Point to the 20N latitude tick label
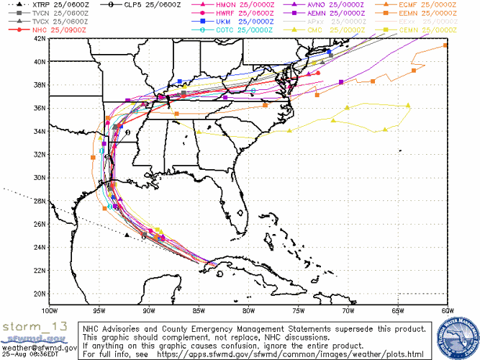tap(40, 294)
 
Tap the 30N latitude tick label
tap(40, 178)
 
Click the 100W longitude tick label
tap(49, 311)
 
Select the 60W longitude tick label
tap(446, 311)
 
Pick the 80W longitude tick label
tap(248, 311)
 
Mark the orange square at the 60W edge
tap(445, 45)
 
